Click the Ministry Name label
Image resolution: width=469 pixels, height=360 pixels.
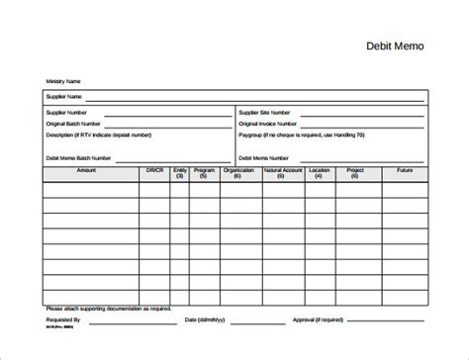62,80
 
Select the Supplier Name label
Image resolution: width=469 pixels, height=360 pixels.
63,97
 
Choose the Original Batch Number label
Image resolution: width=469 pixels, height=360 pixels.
73,123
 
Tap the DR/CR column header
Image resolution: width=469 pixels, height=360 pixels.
153,171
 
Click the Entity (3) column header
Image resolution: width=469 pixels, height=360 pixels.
179,174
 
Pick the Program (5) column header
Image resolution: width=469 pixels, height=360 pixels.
205,174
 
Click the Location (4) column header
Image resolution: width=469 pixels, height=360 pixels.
320,174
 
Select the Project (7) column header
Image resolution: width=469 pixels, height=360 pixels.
355,174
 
